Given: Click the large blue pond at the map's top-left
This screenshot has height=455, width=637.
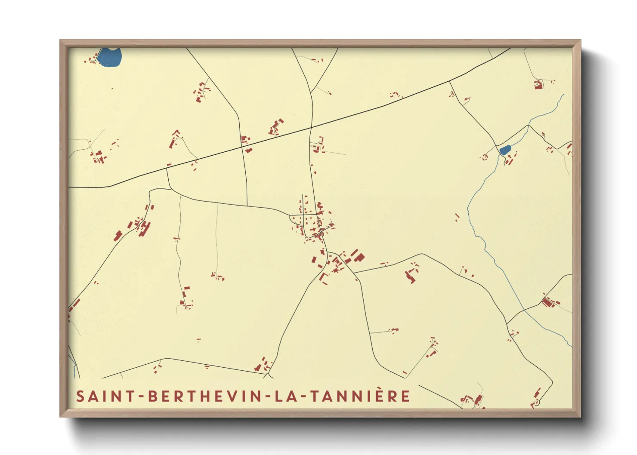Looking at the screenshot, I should pyautogui.click(x=109, y=58).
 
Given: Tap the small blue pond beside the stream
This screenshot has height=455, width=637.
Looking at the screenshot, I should pyautogui.click(x=504, y=150).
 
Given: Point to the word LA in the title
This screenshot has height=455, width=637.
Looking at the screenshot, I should pyautogui.click(x=290, y=397).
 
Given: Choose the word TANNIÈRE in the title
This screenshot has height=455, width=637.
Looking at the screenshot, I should pyautogui.click(x=360, y=397).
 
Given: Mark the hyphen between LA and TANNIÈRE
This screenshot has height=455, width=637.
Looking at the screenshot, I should pyautogui.click(x=304, y=397).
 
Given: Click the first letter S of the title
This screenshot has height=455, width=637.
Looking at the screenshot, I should pyautogui.click(x=80, y=397).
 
